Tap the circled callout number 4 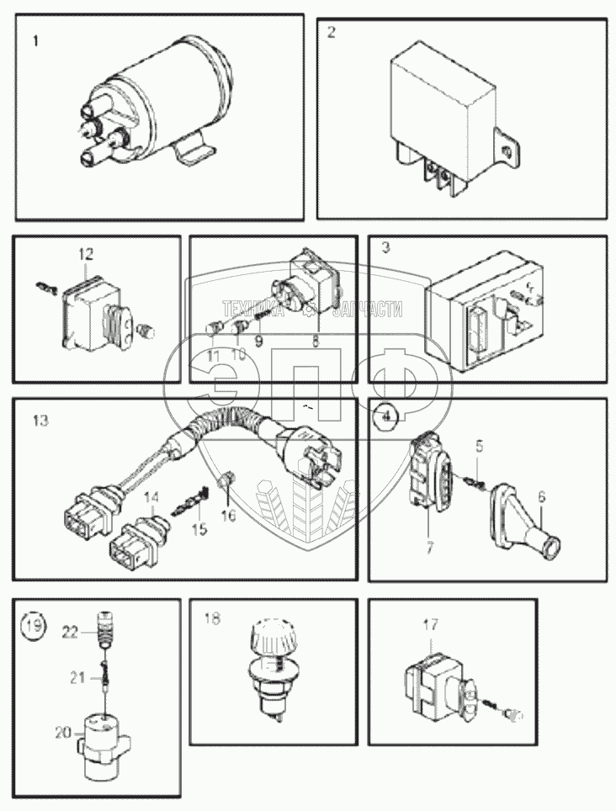click(x=386, y=416)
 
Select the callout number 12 click(x=87, y=252)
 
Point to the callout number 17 click(x=430, y=624)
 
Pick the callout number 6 click(x=541, y=497)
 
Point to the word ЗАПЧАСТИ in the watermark click(x=367, y=310)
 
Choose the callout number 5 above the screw click(x=478, y=445)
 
